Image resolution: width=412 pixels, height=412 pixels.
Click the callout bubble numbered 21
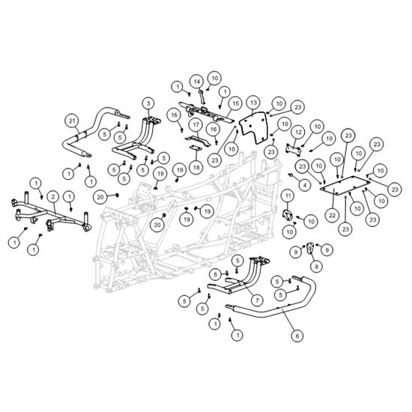(72, 121)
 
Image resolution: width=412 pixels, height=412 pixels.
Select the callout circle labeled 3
(148, 103)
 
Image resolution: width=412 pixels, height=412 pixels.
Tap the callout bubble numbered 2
(53, 197)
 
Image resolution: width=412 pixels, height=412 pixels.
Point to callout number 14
(197, 82)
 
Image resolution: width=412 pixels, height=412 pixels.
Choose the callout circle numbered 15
(236, 103)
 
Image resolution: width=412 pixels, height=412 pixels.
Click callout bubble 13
(253, 102)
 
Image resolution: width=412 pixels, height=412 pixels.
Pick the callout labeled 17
(196, 125)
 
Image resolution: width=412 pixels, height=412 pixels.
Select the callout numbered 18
(196, 167)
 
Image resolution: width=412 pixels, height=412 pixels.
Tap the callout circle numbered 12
(298, 132)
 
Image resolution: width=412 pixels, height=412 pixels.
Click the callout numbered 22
(333, 216)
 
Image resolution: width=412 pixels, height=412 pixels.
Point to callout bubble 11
(288, 196)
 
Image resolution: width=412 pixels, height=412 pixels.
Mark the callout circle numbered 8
(316, 267)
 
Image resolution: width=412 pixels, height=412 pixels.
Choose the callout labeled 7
(257, 300)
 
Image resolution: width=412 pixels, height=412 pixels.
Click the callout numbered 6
(297, 336)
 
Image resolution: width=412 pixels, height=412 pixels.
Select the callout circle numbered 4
(305, 185)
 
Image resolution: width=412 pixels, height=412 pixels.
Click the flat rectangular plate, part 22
(345, 185)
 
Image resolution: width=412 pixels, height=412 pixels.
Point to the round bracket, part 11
(287, 215)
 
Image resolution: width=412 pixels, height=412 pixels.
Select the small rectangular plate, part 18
(196, 148)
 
